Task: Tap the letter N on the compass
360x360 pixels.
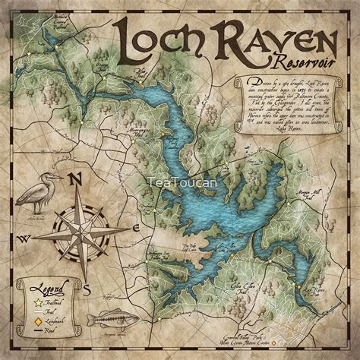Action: point(74,178)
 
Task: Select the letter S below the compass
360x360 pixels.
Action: point(87,289)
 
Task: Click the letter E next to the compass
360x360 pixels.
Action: point(135,227)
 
